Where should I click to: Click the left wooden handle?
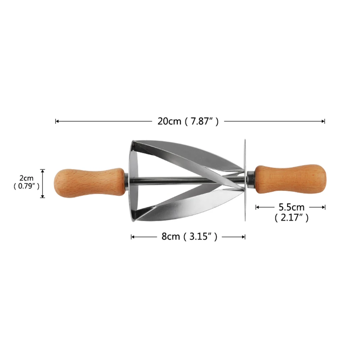90,183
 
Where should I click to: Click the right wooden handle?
291,179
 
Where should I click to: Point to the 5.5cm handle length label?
291,207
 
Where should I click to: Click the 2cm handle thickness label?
26,178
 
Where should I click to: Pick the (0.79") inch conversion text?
26,186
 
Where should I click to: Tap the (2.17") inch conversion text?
291,217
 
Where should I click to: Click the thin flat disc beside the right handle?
245,180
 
